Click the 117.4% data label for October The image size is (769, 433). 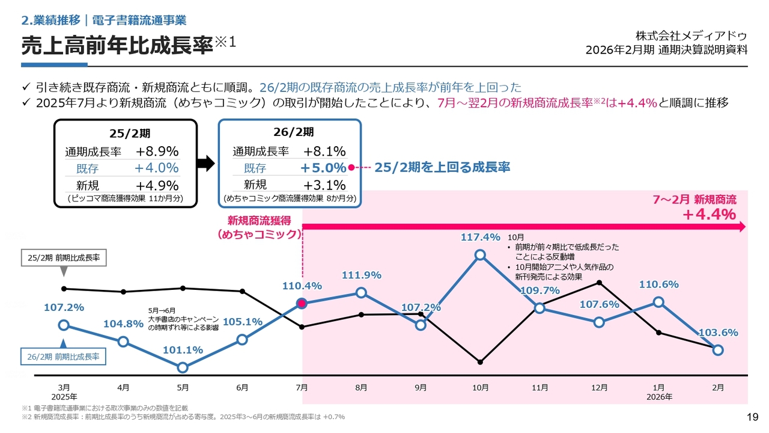[x=481, y=237]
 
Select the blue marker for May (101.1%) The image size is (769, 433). [x=183, y=367]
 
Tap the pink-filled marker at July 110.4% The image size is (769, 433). [x=302, y=304]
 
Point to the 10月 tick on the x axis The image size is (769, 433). [x=481, y=388]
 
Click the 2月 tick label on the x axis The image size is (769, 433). [x=718, y=388]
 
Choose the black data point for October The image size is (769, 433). [x=481, y=362]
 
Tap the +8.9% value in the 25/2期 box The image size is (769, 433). [x=157, y=152]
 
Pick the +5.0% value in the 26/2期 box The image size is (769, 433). [x=323, y=168]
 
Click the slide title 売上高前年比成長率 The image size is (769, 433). [x=117, y=46]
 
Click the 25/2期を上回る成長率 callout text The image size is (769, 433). [x=442, y=168]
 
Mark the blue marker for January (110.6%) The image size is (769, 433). [x=658, y=302]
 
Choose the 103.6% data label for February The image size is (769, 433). [x=718, y=333]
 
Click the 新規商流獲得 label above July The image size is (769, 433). [x=258, y=221]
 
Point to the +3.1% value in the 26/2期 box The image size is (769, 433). [x=324, y=185]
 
